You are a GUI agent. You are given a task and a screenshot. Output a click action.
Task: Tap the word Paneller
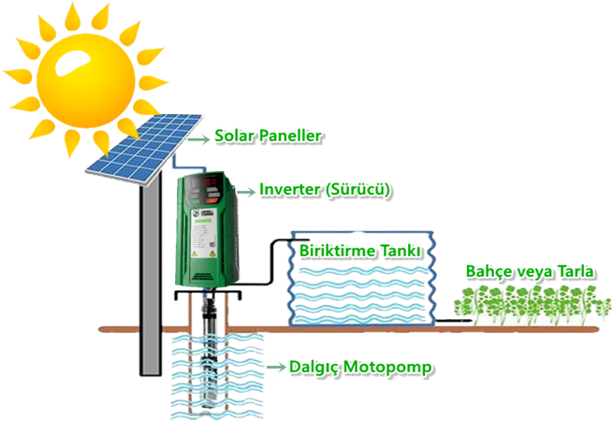pos(290,136)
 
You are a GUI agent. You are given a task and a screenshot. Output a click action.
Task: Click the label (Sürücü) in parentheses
pos(358,190)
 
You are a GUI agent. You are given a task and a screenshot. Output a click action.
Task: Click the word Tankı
pos(401,251)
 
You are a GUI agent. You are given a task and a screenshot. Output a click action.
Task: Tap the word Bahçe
pos(489,272)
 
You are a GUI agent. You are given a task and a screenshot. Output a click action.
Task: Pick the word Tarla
pos(576,271)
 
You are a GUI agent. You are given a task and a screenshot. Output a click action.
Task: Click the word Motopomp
pos(388,368)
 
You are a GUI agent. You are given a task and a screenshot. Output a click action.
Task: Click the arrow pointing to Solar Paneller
pos(198,138)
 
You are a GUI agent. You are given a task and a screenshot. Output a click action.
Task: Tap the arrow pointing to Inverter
pos(246,192)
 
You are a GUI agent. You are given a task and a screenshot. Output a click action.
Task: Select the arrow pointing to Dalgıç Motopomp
pos(276,367)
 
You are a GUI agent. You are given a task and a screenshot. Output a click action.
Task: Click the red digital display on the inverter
pos(209,181)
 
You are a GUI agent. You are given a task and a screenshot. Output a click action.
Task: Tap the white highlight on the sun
pos(72,63)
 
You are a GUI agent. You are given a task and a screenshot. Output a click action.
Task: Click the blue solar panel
pos(144,148)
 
